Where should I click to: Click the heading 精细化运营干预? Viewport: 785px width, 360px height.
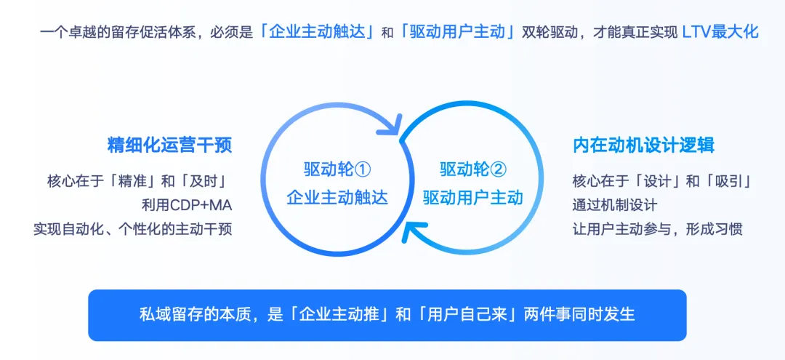[170, 145]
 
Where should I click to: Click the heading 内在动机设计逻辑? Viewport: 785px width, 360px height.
[643, 145]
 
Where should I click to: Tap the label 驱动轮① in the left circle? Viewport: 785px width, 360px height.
[337, 169]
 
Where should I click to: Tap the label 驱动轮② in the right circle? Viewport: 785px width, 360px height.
[473, 169]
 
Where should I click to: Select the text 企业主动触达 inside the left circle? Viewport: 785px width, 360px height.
[337, 198]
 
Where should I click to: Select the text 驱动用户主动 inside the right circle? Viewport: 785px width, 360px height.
[473, 198]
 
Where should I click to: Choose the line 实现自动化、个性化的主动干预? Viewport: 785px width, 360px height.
[133, 230]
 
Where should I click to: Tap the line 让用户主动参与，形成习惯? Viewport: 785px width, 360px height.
[657, 230]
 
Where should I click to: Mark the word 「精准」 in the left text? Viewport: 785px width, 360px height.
[134, 181]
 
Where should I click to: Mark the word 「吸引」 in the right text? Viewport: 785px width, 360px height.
[728, 181]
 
